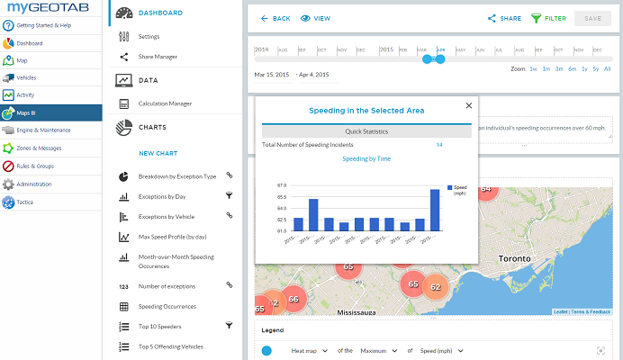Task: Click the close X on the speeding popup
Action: (468, 105)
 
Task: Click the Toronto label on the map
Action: (514, 257)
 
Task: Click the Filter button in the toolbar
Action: (548, 18)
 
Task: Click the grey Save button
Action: (592, 18)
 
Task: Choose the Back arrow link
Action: (275, 18)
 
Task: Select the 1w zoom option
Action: (533, 68)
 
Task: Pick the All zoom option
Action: (608, 68)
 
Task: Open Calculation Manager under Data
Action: (165, 103)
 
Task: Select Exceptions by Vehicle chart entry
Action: (166, 216)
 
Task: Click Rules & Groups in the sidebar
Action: (37, 165)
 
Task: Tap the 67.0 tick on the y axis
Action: (282, 184)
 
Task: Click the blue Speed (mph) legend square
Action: (448, 187)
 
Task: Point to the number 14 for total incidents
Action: (439, 144)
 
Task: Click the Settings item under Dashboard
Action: (149, 36)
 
